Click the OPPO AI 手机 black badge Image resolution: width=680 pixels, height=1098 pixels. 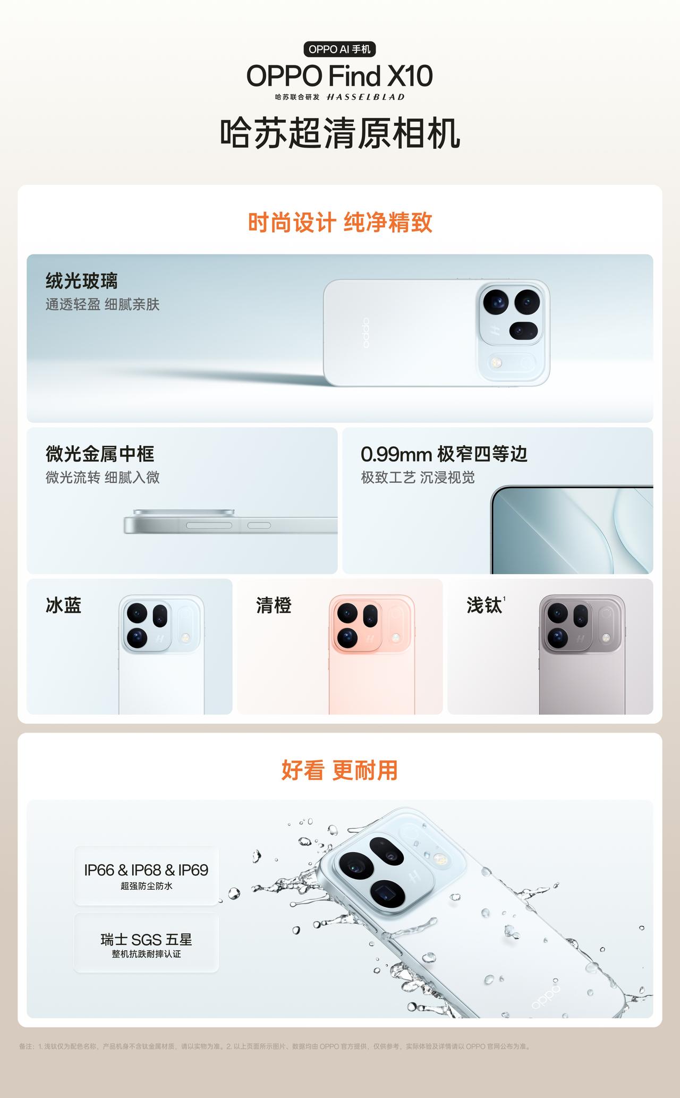point(339,49)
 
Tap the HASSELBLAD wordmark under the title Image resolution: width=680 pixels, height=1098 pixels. point(365,97)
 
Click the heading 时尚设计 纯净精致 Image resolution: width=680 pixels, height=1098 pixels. point(340,223)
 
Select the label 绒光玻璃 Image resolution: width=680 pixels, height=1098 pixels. point(81,280)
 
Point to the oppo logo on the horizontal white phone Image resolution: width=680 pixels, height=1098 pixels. point(365,333)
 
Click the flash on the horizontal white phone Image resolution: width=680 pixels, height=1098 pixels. point(497,363)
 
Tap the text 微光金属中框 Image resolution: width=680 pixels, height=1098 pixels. point(100,454)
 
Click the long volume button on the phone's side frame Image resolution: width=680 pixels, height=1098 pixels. point(209,525)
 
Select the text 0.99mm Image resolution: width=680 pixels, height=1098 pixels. point(396,455)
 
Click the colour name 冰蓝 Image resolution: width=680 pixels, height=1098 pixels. point(64,605)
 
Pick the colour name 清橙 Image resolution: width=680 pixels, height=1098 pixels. point(274,605)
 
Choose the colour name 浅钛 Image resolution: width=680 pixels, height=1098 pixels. point(484,605)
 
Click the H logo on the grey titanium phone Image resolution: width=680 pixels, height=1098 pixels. point(581,639)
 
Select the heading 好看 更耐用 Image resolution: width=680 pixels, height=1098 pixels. point(339,770)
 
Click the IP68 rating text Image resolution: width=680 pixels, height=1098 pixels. point(146,870)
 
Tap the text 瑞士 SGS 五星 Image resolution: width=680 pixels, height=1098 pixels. point(146,940)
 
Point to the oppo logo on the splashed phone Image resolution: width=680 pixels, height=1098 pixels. point(546,997)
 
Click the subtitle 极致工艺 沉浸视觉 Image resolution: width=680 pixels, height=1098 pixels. point(418,478)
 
